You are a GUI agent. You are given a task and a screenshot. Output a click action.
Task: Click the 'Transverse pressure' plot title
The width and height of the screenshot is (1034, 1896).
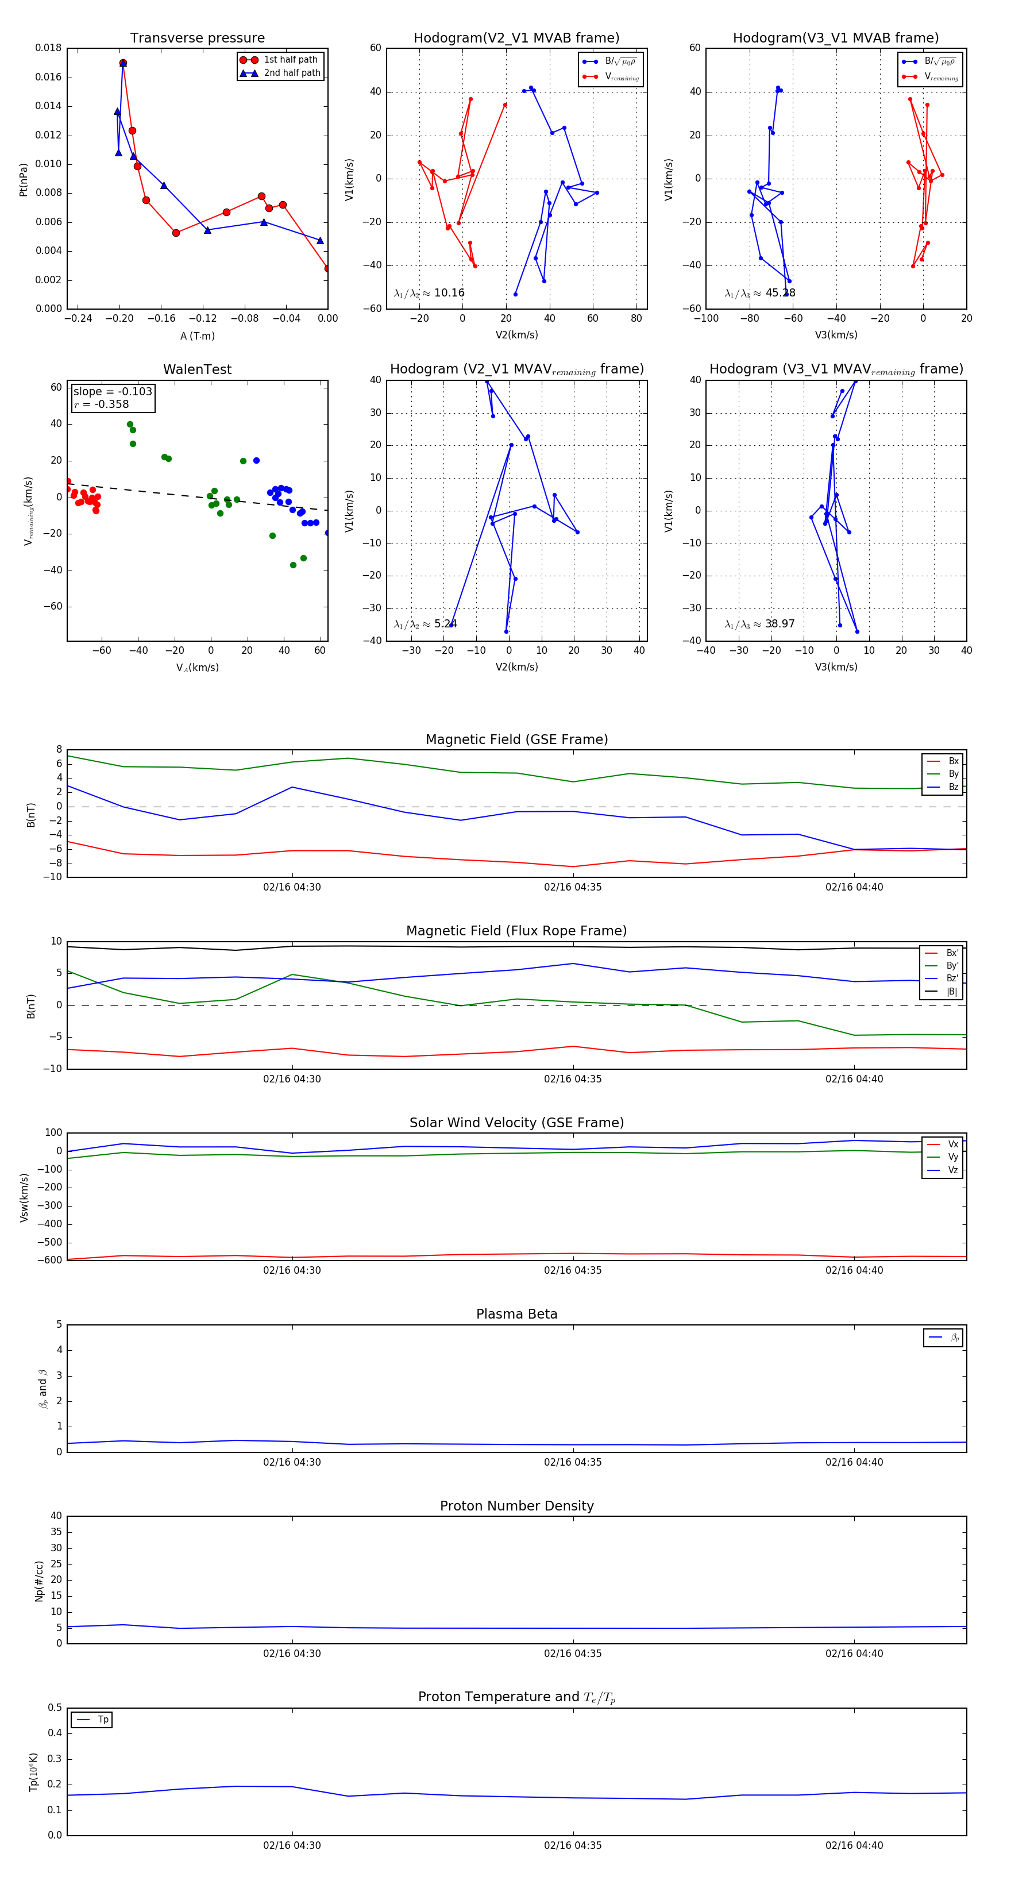[x=197, y=38]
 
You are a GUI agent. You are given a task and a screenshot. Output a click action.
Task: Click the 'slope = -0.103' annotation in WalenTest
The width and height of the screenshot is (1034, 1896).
[x=113, y=392]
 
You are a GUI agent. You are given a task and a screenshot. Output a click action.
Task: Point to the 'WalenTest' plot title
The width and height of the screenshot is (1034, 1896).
[x=197, y=369]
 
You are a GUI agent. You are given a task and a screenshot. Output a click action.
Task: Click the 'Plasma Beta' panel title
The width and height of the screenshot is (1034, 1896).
[x=516, y=1314]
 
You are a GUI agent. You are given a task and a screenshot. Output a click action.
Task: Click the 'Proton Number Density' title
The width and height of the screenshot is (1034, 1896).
[x=516, y=1505]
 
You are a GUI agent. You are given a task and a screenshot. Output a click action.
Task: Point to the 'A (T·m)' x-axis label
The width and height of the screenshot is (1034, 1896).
[x=197, y=336]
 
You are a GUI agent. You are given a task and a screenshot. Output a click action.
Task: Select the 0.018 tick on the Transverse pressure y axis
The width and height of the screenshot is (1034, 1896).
[x=49, y=48]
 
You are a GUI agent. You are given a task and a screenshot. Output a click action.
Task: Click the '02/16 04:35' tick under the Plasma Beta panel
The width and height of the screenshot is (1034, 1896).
[x=573, y=1462]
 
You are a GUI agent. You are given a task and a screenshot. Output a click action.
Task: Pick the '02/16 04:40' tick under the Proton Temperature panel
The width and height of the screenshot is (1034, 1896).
[x=854, y=1845]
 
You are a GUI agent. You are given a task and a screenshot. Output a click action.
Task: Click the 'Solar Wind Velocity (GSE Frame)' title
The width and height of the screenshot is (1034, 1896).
[x=516, y=1123]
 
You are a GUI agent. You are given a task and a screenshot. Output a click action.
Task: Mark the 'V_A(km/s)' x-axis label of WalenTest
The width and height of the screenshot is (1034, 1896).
[x=197, y=668]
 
